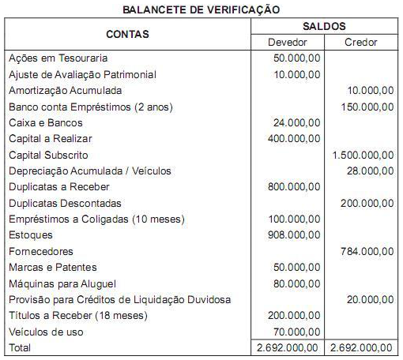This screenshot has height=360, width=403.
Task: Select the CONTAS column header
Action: coord(127,35)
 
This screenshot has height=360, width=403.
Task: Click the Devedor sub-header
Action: coord(288,43)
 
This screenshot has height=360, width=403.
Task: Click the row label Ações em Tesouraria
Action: coord(58,58)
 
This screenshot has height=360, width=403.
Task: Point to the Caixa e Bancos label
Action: coord(45,123)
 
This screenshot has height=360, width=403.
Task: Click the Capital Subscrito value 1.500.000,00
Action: coord(363,155)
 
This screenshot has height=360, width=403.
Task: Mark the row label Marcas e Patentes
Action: coord(53,268)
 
